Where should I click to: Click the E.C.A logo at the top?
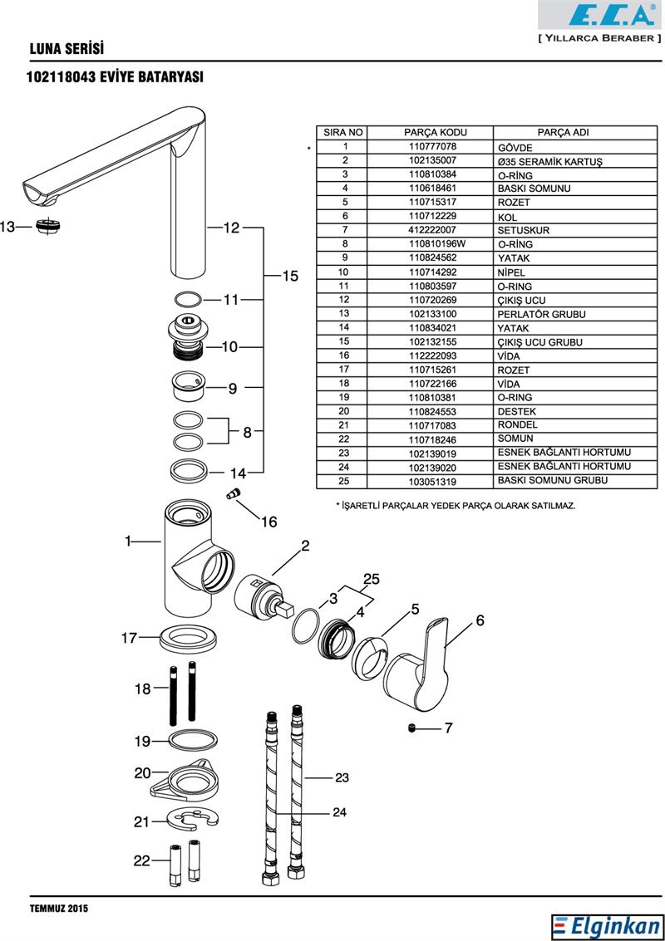pos(599,17)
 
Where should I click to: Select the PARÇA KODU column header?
pos(436,133)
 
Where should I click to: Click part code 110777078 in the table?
pos(432,147)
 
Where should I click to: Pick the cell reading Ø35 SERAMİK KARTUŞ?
pos(549,160)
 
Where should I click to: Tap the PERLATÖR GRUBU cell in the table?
pos(542,314)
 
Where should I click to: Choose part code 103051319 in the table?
pos(432,481)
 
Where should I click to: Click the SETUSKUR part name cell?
pos(524,230)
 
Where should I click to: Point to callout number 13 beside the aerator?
pos(7,227)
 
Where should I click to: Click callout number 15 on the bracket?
pos(289,277)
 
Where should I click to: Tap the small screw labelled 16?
pos(234,495)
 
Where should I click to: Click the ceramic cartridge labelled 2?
pos(261,600)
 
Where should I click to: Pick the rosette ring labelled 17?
pos(190,640)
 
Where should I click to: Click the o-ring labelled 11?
pos(189,299)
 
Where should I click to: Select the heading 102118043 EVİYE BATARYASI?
pos(116,76)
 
